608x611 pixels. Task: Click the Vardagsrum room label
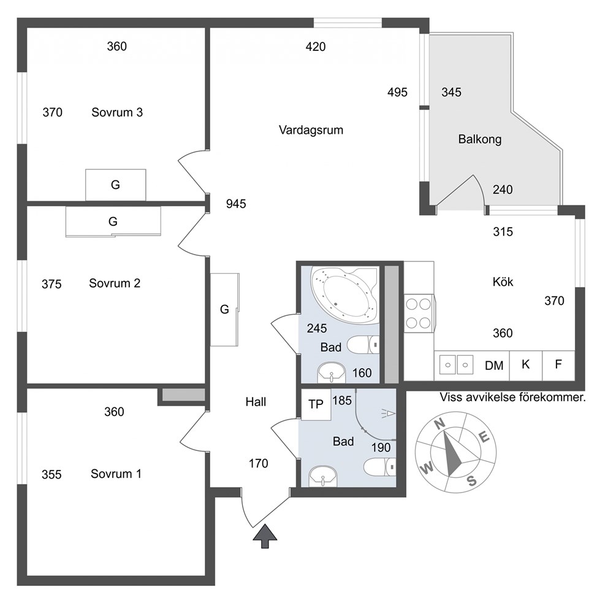pos(311,130)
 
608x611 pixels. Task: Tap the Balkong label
pos(479,139)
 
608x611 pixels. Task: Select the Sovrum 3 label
pos(117,112)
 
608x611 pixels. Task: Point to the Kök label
pos(503,282)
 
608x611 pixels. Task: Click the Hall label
pos(256,402)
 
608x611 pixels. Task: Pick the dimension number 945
pos(236,204)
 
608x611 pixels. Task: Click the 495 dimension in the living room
pos(397,93)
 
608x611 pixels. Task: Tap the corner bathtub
pos(344,295)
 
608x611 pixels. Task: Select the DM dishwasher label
pos(494,366)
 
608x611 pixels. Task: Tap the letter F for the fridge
pos(558,364)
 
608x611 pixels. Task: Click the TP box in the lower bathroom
pos(316,404)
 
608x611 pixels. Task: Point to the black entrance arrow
pos(265,536)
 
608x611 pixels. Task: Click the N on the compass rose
pos(439,423)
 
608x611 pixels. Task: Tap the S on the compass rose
pos(471,481)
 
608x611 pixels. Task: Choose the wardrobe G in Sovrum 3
pos(116,185)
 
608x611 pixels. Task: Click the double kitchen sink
pos(456,365)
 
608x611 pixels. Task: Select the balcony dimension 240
pos(503,190)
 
